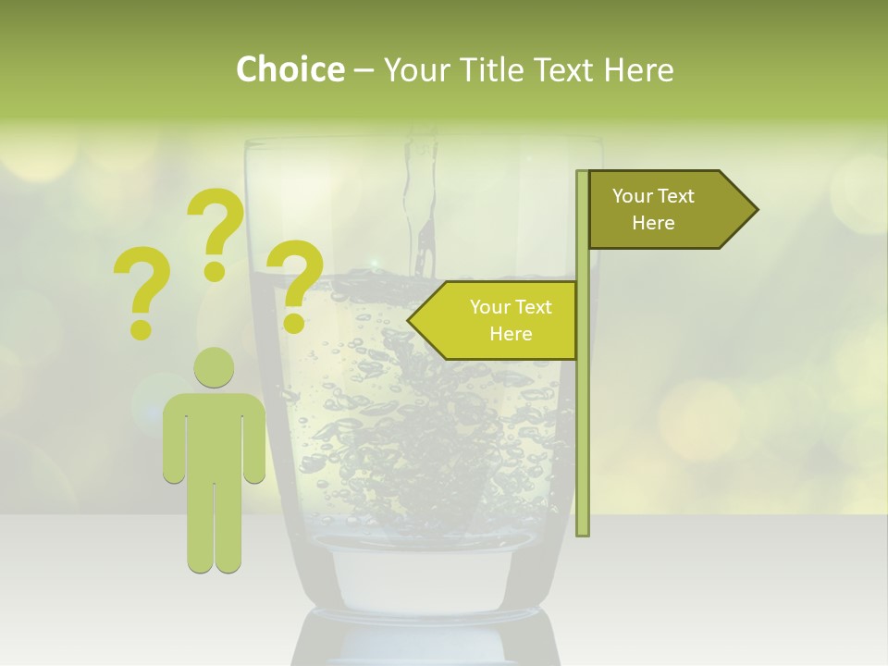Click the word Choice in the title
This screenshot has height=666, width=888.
click(290, 70)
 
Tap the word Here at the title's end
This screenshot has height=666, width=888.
click(638, 70)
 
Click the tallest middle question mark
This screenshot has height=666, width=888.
click(215, 231)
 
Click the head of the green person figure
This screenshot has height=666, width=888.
click(214, 367)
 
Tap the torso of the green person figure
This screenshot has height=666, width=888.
click(214, 435)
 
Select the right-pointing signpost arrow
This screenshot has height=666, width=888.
click(666, 210)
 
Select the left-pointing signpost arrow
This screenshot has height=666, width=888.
click(499, 320)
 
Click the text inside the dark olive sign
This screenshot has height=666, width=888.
click(653, 210)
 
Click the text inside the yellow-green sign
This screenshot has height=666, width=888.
click(511, 320)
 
